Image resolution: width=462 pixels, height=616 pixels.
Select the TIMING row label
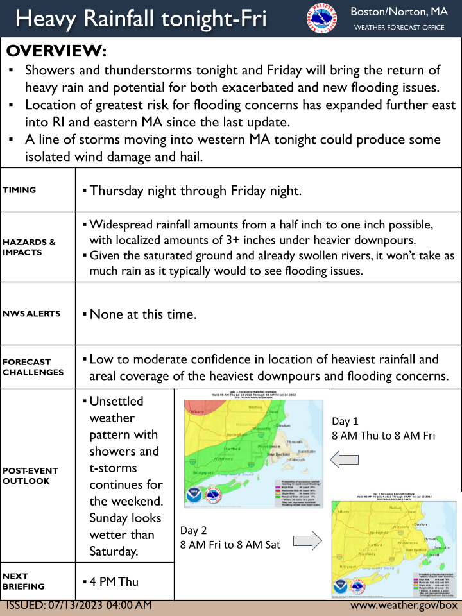pos(20,190)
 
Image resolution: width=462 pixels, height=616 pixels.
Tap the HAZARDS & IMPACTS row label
pos(30,247)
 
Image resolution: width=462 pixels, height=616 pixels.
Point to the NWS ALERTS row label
pos(32,314)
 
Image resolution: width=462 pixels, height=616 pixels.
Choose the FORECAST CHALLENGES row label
pos(33,366)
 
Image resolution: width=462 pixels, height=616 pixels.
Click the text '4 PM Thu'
pos(114,581)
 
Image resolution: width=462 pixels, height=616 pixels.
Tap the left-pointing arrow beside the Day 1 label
pos(344,459)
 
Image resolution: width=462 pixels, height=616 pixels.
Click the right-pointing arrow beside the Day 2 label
pos(311,540)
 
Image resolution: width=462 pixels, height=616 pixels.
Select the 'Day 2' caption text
pos(194,530)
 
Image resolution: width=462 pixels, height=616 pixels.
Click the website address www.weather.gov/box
pos(404,605)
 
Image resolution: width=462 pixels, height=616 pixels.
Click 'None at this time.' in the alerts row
pos(142,314)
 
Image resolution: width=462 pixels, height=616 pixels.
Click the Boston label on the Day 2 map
pos(420,524)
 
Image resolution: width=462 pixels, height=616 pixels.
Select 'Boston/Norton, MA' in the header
pos(398,12)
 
